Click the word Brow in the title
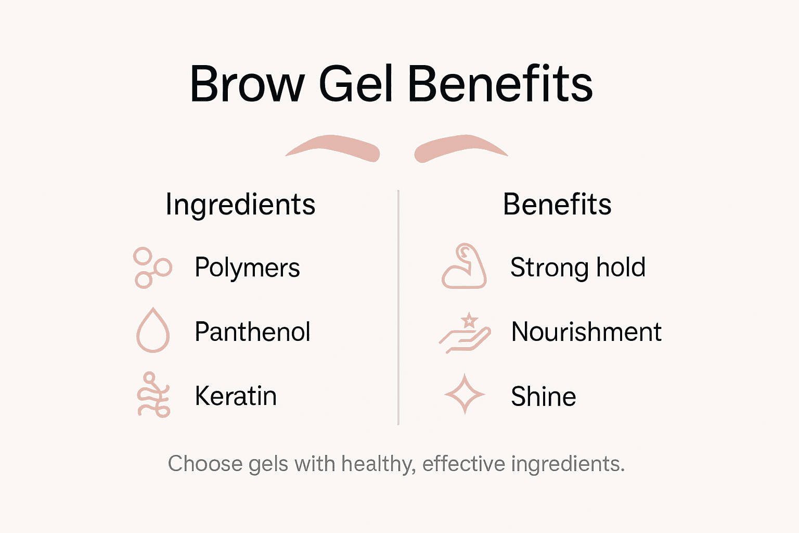pos(247,84)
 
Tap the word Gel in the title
pos(355,84)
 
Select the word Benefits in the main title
pos(500,84)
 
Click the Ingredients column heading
pos(240,205)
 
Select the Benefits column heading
pos(557,205)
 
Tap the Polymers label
pos(247,268)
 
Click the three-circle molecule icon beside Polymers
pos(152,268)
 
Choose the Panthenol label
pos(252,332)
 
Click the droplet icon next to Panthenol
pos(153,331)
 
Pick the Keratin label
pos(236,396)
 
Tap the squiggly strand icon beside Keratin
pos(153,395)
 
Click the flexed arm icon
pos(464,266)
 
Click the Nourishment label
pos(586,332)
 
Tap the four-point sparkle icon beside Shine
pos(465,394)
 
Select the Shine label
pos(543,397)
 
